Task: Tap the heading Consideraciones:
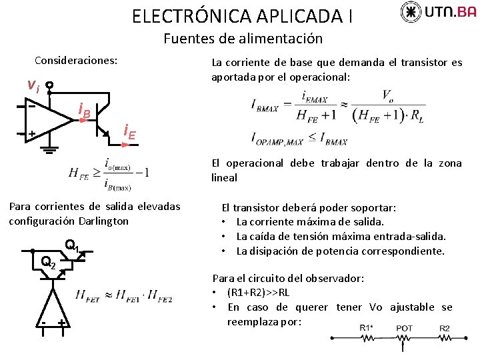pos(76,60)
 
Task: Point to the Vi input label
pos(33,85)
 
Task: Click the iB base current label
pos(84,110)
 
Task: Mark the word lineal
pos(224,177)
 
